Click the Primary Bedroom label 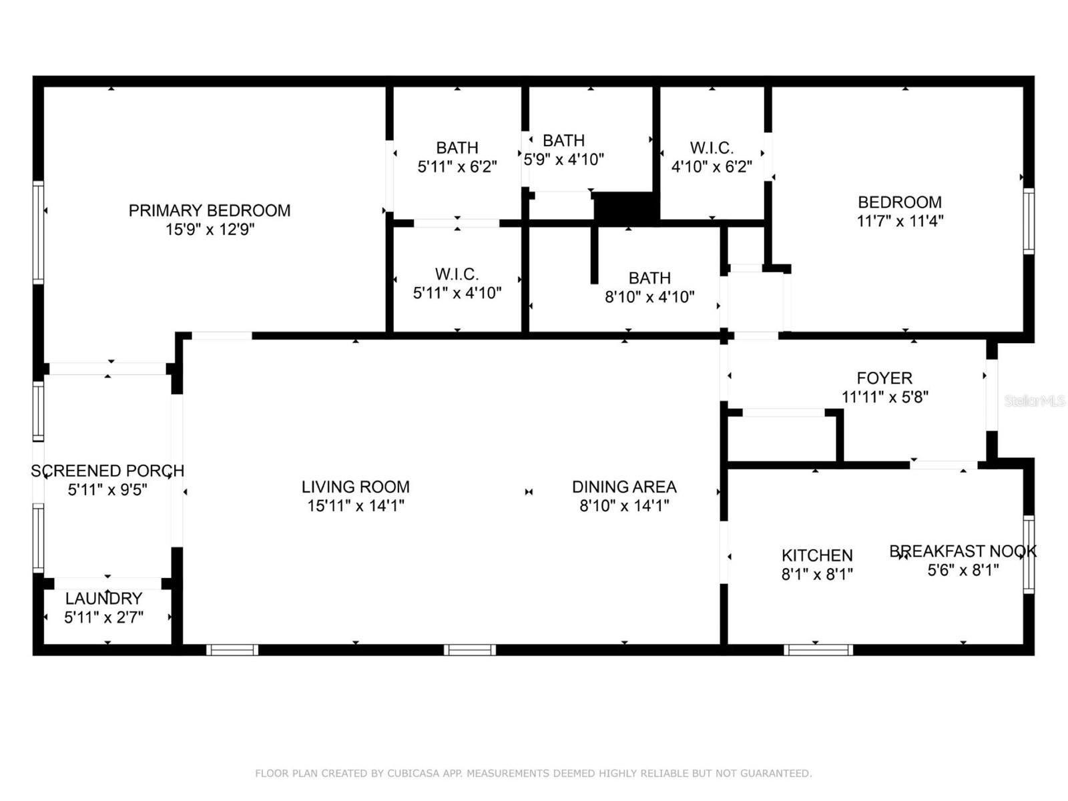209,210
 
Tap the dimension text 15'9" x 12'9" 210,229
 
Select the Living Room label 355,487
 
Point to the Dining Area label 624,487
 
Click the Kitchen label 817,555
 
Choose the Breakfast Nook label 963,551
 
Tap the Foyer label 884,378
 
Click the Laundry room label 103,598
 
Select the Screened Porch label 107,471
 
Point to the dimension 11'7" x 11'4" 900,221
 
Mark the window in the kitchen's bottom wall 818,649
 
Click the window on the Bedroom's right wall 1029,221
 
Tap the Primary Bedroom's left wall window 39,232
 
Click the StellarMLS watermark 1035,400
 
